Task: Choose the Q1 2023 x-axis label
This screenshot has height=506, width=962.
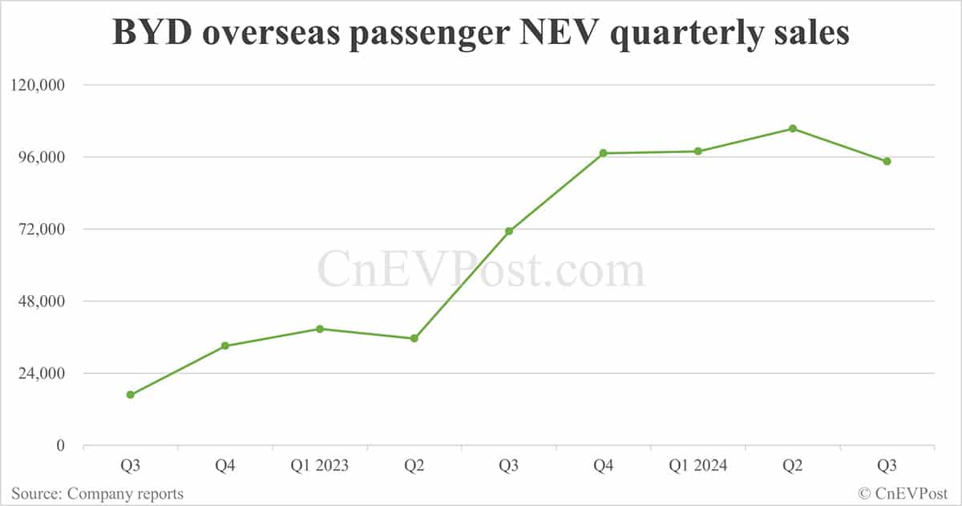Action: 319,466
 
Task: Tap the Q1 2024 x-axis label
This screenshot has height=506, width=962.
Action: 698,466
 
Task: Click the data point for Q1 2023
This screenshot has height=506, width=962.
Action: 320,329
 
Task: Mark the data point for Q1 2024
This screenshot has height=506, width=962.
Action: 698,151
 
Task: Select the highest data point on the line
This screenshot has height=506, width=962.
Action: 793,128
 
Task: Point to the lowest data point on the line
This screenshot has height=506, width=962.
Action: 131,395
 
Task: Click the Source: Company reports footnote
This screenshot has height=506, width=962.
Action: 97,494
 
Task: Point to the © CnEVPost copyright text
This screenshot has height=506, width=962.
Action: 903,494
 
